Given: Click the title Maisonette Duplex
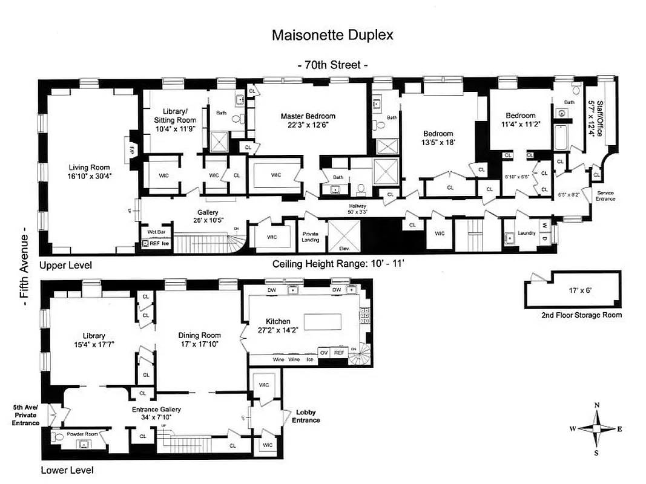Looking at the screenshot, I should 332,35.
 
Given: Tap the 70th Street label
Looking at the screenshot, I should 332,65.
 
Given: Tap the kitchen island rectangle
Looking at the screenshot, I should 328,321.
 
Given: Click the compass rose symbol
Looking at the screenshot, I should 596,428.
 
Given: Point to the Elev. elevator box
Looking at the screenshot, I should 344,237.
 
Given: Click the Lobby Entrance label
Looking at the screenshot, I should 306,416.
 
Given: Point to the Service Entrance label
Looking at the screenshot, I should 605,197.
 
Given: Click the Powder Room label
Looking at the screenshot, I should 83,434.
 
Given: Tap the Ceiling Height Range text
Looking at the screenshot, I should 338,264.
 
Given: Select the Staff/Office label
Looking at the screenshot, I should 597,118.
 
